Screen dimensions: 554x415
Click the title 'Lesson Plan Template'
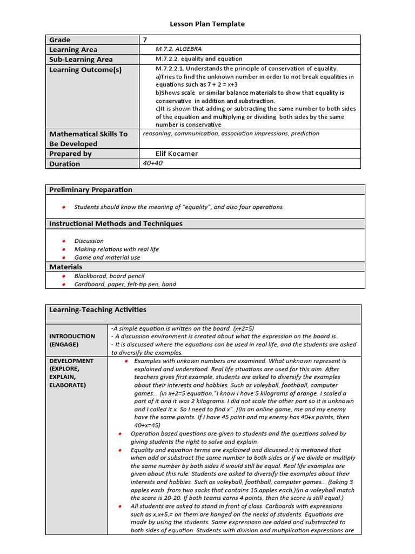[x=207, y=24]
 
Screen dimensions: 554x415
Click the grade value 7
[x=145, y=39]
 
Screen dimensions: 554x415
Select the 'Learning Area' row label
[x=73, y=50]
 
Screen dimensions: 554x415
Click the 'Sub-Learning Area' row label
[x=81, y=60]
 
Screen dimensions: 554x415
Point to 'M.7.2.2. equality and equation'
[x=199, y=59]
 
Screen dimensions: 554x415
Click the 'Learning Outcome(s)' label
[x=85, y=70]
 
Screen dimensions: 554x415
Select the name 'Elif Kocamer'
[x=177, y=154]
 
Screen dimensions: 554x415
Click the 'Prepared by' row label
[x=70, y=154]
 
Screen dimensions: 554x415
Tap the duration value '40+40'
[x=153, y=163]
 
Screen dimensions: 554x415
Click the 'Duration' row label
[x=64, y=164]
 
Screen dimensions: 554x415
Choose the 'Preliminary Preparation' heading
[x=91, y=190]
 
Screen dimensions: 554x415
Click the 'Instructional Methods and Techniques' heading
[x=116, y=224]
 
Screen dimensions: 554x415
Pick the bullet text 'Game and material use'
[x=107, y=258]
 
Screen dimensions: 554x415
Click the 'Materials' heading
[x=66, y=267]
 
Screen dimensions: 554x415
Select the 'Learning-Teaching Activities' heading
[x=98, y=310]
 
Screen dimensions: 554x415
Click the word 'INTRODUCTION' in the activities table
[x=72, y=336]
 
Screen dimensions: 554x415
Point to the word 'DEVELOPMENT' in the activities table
[x=71, y=361]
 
